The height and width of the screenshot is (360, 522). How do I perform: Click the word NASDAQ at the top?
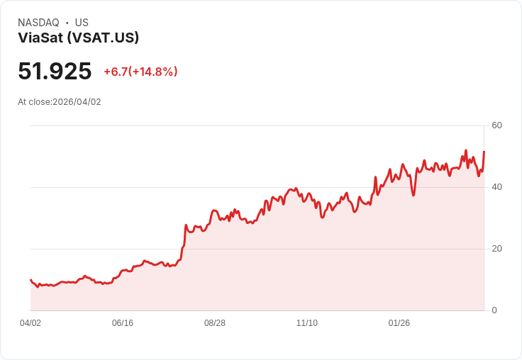(x=38, y=23)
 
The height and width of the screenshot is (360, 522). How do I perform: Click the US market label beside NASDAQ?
(x=82, y=23)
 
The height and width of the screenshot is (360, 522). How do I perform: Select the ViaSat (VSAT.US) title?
(x=78, y=38)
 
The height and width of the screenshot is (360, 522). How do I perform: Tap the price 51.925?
(x=55, y=72)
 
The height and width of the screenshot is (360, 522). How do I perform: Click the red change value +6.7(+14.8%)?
(x=140, y=72)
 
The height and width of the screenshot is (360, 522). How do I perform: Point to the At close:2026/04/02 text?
(x=60, y=102)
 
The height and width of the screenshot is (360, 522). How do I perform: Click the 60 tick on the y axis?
(x=497, y=125)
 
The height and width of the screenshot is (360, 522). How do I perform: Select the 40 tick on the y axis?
(x=497, y=187)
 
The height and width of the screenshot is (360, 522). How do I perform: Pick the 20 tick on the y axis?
(x=497, y=249)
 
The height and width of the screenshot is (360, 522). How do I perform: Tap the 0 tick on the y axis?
(x=494, y=310)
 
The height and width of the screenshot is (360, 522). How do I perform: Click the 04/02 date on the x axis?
(x=30, y=323)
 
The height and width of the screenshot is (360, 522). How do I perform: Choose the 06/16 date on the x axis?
(x=123, y=323)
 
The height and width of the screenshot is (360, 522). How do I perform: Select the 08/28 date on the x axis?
(x=215, y=323)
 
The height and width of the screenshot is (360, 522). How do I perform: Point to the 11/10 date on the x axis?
(x=307, y=323)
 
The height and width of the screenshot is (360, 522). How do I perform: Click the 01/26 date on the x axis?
(x=399, y=323)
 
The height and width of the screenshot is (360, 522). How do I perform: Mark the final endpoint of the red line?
(x=484, y=152)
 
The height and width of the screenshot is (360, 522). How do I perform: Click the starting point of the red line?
(x=30, y=279)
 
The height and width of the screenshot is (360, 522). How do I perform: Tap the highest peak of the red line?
(x=466, y=150)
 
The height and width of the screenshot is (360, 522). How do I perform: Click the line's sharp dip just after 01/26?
(x=413, y=195)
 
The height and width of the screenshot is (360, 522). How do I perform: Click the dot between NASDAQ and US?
(x=67, y=23)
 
